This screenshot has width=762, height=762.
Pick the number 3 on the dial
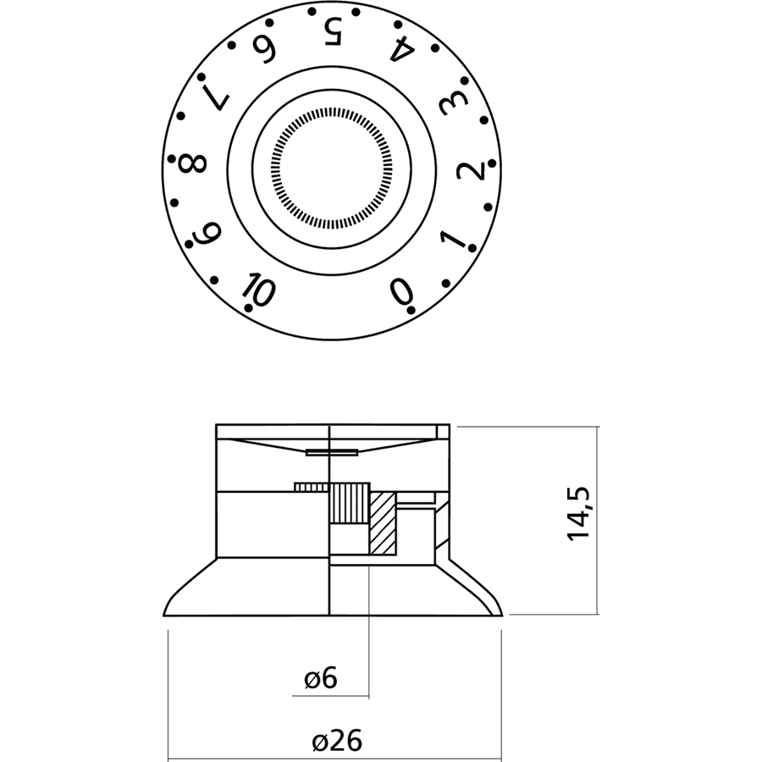[x=450, y=107]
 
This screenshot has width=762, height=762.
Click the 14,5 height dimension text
[x=580, y=514]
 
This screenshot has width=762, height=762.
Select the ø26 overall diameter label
[x=336, y=742]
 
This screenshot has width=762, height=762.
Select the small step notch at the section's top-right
[x=443, y=431]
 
